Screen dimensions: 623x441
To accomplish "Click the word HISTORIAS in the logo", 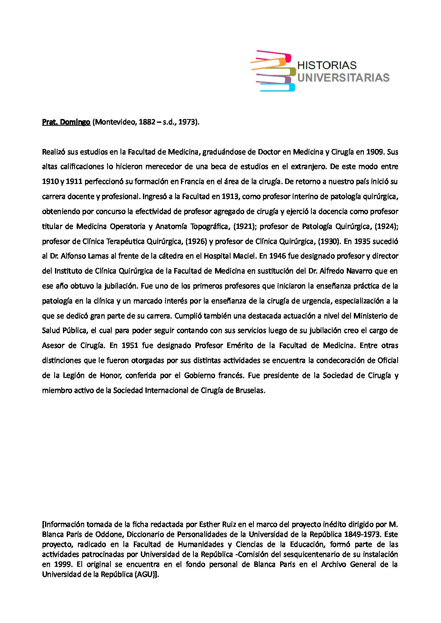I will (327, 65).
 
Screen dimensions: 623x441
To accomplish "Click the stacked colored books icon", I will (273, 71).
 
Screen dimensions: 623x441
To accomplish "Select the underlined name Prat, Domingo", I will (66, 122).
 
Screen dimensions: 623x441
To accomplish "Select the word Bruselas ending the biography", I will (250, 390).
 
